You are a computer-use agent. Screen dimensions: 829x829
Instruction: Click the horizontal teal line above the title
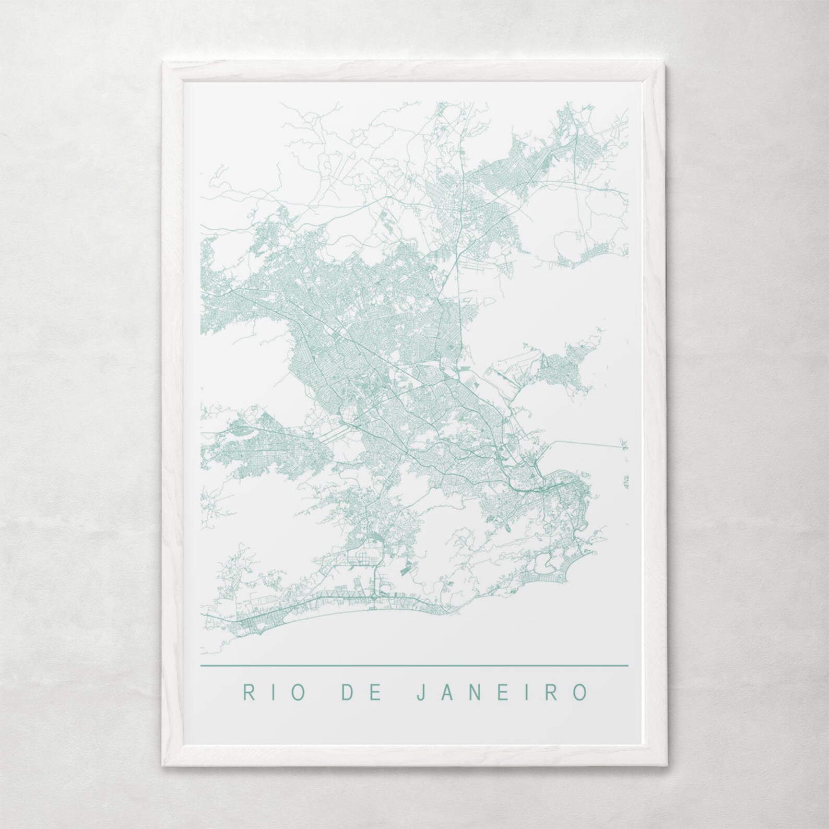tap(414, 666)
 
